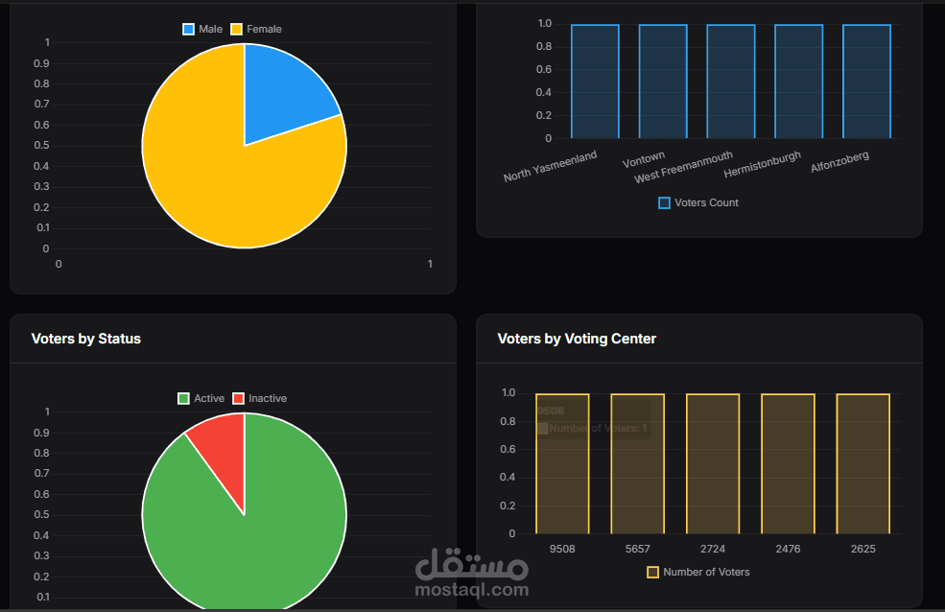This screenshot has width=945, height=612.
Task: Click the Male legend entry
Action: pyautogui.click(x=203, y=30)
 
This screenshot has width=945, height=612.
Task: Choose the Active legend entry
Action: pyautogui.click(x=201, y=398)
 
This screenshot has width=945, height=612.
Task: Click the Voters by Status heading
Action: pyautogui.click(x=86, y=339)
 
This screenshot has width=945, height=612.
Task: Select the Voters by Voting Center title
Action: pyautogui.click(x=577, y=339)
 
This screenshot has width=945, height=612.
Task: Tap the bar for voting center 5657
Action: pyautogui.click(x=637, y=463)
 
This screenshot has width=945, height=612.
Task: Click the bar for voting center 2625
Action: pyautogui.click(x=862, y=463)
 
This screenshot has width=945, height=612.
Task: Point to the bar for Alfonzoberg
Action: pyautogui.click(x=866, y=82)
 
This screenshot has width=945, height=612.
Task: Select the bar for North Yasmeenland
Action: pyautogui.click(x=595, y=82)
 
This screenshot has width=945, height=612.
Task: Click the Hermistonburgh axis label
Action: pyautogui.click(x=763, y=165)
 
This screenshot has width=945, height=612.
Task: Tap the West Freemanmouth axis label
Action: pyautogui.click(x=684, y=166)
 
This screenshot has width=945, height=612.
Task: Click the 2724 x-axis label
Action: pyautogui.click(x=712, y=549)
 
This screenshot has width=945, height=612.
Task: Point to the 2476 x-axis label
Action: pyautogui.click(x=788, y=549)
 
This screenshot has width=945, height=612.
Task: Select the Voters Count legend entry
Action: pyautogui.click(x=698, y=202)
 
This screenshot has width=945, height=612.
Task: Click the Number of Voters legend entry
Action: pyautogui.click(x=698, y=572)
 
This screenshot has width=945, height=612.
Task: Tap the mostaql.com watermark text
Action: pyautogui.click(x=472, y=589)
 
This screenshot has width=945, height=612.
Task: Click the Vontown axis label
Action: pyautogui.click(x=644, y=159)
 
